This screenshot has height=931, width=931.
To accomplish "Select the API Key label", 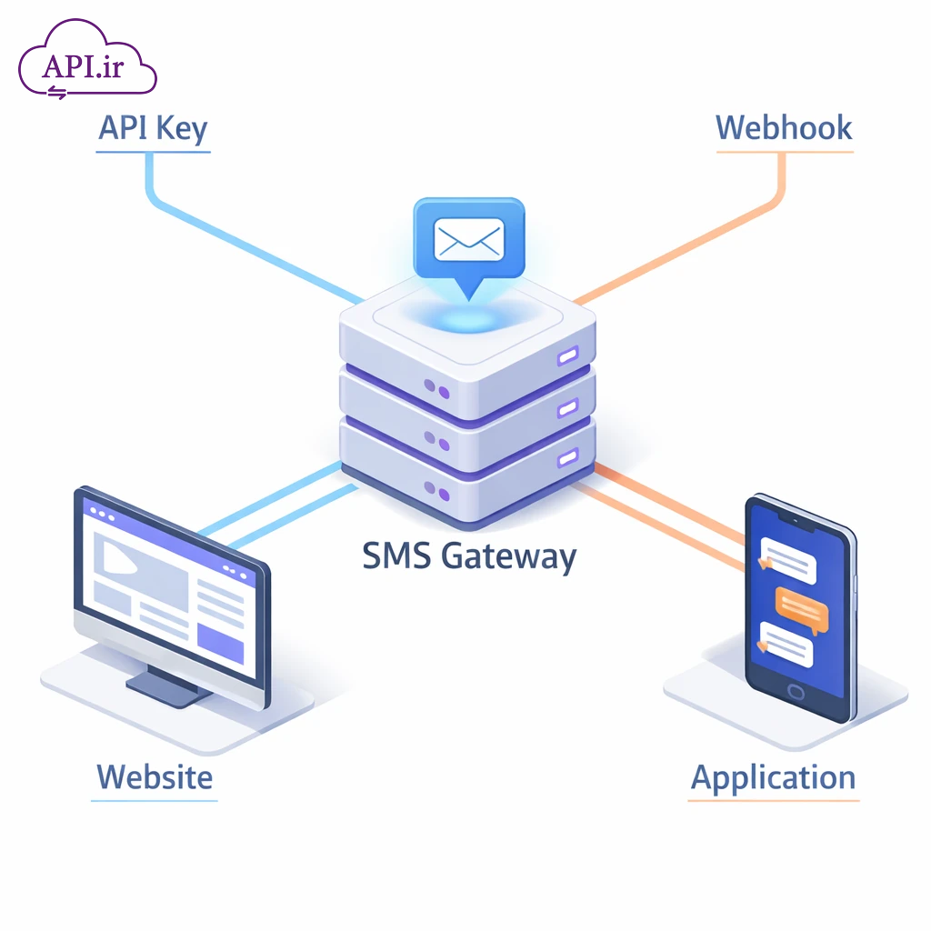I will click(153, 128).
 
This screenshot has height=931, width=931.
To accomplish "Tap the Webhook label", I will click(784, 127).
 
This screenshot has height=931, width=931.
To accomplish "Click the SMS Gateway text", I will click(468, 555).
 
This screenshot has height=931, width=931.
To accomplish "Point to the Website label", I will click(155, 777).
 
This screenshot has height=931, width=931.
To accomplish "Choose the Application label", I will click(773, 778).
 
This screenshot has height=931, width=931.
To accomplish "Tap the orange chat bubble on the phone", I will click(801, 608).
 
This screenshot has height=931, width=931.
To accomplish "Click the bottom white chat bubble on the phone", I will click(786, 645).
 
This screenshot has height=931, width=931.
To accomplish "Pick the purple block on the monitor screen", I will click(221, 643).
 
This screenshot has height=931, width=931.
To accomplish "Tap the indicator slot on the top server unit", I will click(568, 354).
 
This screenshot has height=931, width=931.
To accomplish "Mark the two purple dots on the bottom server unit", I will click(435, 493).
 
